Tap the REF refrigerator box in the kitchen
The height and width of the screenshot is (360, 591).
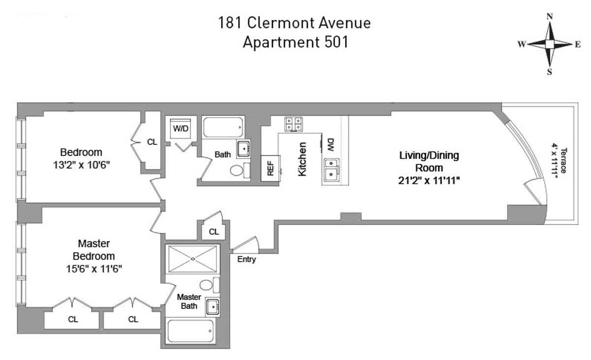click(270, 168)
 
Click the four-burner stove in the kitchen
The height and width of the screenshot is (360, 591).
click(294, 125)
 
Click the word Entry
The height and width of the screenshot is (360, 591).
click(246, 259)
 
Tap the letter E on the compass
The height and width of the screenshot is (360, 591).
click(577, 44)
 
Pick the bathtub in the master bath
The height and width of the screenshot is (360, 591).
click(190, 331)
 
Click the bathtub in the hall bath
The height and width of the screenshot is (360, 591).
click(223, 127)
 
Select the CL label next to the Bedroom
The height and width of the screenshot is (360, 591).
click(152, 142)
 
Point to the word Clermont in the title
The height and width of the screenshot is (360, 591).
click(283, 23)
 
